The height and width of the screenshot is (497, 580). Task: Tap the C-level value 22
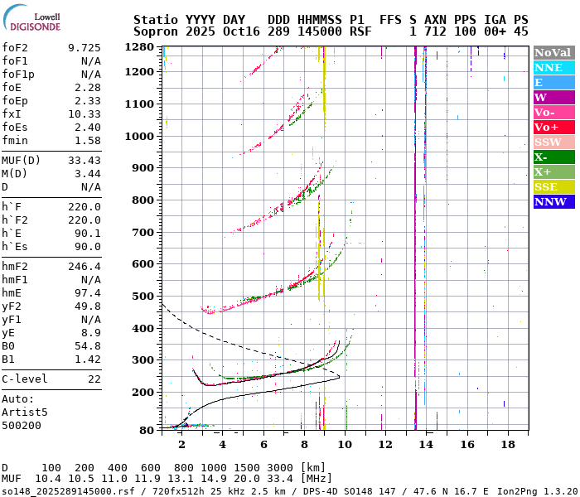(94, 379)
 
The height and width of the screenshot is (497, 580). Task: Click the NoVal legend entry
(553, 52)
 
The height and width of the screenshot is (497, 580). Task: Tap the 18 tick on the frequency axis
(507, 445)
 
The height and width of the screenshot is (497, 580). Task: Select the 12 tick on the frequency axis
(385, 445)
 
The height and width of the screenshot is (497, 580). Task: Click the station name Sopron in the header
(154, 31)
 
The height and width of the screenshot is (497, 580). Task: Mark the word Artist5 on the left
(25, 412)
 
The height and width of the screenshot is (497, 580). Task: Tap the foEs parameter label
(15, 128)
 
